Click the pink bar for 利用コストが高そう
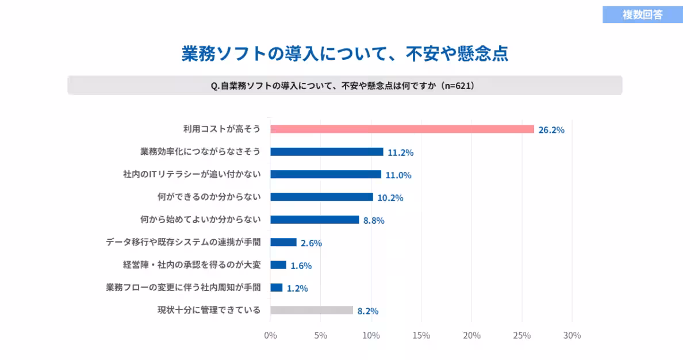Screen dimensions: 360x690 tap(402, 129)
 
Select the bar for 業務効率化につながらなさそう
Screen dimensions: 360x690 tap(327, 152)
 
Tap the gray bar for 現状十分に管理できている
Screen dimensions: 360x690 tap(312, 310)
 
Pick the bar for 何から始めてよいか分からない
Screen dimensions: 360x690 tap(315, 220)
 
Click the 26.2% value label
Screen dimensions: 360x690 tap(551, 130)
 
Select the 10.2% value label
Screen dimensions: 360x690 tap(390, 198)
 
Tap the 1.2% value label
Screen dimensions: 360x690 tap(297, 288)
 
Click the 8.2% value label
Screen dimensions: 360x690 tap(368, 311)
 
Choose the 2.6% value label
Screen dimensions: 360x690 tap(311, 243)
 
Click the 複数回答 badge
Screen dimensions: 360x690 tap(642, 14)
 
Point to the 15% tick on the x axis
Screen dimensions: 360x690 tap(421, 335)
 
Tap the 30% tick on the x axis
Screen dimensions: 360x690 tap(572, 335)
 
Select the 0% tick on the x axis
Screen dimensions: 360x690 tap(270, 335)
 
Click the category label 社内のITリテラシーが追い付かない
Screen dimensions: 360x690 tap(192, 174)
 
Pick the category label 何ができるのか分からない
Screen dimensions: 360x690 tap(209, 197)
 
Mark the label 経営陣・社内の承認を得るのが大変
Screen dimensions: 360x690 tap(192, 265)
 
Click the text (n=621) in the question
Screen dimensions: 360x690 tap(457, 86)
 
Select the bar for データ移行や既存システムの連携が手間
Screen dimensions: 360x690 tap(283, 242)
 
